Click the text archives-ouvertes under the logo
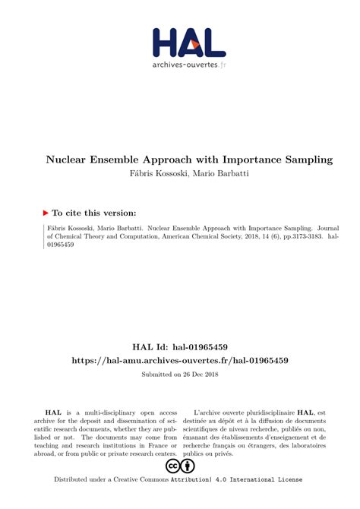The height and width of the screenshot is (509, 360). pos(185,65)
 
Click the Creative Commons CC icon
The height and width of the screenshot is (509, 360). pos(172,466)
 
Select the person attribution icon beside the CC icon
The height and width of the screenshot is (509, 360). pos(188,466)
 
